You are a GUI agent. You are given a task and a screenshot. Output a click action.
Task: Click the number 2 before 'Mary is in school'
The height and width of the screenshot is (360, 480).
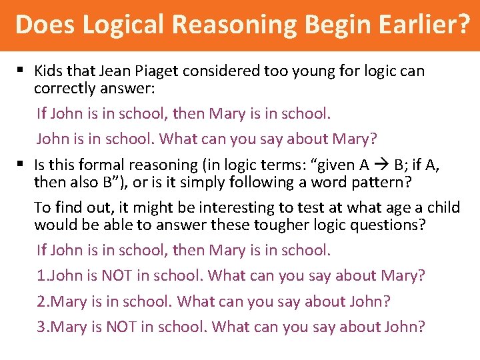(41, 301)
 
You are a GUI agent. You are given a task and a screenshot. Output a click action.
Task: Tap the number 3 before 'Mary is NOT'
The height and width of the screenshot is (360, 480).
(41, 327)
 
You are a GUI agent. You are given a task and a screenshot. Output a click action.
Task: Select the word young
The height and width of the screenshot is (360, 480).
(323, 71)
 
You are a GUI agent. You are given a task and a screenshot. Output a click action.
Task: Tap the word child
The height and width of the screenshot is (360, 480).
(443, 207)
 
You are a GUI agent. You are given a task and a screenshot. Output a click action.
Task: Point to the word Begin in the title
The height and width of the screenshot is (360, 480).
(324, 25)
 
